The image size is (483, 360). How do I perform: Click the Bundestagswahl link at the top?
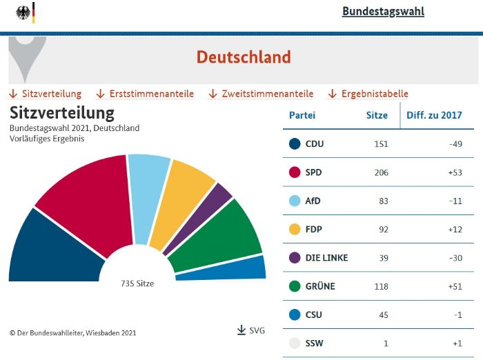tap(383, 12)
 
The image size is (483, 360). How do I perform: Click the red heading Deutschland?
tap(244, 57)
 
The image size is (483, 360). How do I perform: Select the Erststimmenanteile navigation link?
tap(151, 94)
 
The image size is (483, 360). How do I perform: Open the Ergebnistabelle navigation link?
tap(375, 94)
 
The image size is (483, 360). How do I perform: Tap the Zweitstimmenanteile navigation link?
tap(267, 94)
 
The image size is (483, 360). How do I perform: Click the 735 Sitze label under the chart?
tap(137, 283)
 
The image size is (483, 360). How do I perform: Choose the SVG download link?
tap(252, 331)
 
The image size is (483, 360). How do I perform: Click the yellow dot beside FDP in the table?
tap(295, 229)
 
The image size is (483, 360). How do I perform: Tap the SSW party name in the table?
tap(314, 343)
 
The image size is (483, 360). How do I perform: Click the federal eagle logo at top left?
tap(23, 12)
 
